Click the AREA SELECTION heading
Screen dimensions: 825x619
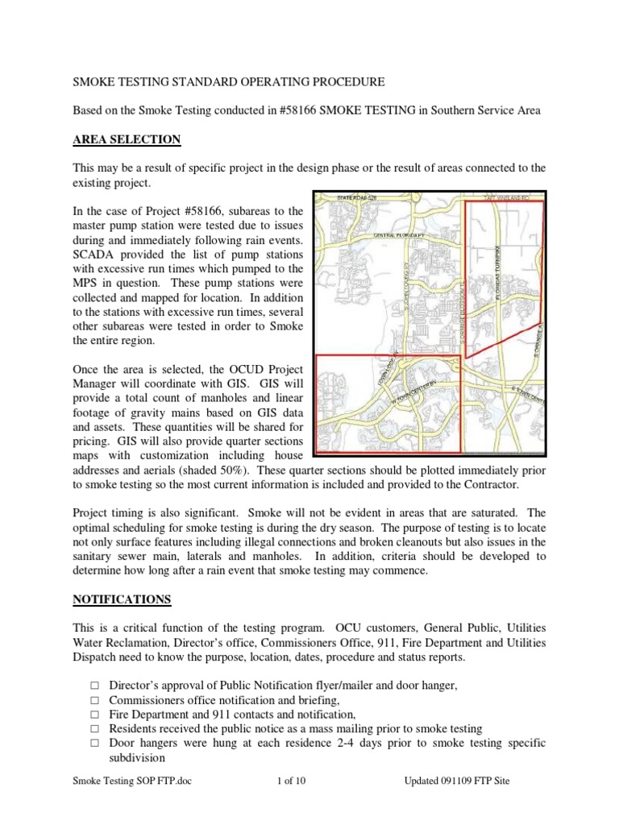pos(127,140)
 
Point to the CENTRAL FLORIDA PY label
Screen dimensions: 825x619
pos(398,235)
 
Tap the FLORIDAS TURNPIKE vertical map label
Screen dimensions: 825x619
pos(499,258)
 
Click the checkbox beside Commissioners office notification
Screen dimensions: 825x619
pos(94,699)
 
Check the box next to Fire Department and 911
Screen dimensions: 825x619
pos(94,714)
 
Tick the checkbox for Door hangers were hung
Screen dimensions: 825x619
pos(94,743)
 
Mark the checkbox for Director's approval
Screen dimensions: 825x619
pos(94,685)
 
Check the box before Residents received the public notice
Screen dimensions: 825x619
pos(94,728)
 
